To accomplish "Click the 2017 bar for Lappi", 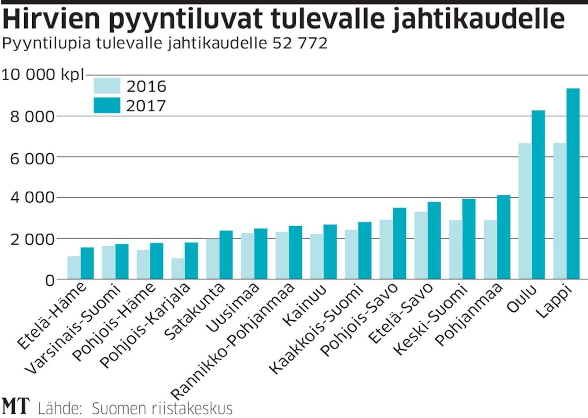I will (573, 184).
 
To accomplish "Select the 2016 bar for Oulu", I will (525, 211).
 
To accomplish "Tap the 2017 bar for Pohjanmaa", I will (504, 237).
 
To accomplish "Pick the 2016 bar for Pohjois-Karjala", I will (178, 269).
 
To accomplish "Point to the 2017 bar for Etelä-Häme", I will (87, 263).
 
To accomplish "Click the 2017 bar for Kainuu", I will (330, 252).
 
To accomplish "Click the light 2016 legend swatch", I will (107, 85).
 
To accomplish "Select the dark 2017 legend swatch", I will (107, 105).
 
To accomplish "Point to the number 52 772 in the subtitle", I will (300, 44).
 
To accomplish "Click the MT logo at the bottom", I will (15, 407).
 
